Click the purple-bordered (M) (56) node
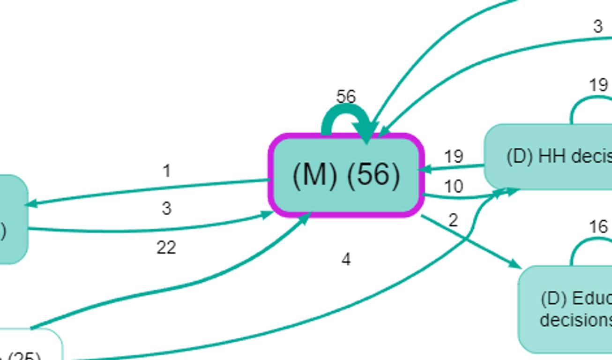coord(346,175)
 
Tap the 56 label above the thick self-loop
coord(346,97)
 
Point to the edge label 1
coord(166,172)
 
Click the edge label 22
coord(166,247)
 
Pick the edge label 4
coord(346,259)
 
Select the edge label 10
coord(453,187)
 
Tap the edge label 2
coord(453,220)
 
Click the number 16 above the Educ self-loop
coord(597,227)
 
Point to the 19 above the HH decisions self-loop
coord(598,85)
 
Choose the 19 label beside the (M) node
coord(453,157)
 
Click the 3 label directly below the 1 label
coord(166,209)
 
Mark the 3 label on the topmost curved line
coord(597,27)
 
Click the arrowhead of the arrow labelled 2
coord(515,264)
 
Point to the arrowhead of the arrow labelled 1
coord(30,204)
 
